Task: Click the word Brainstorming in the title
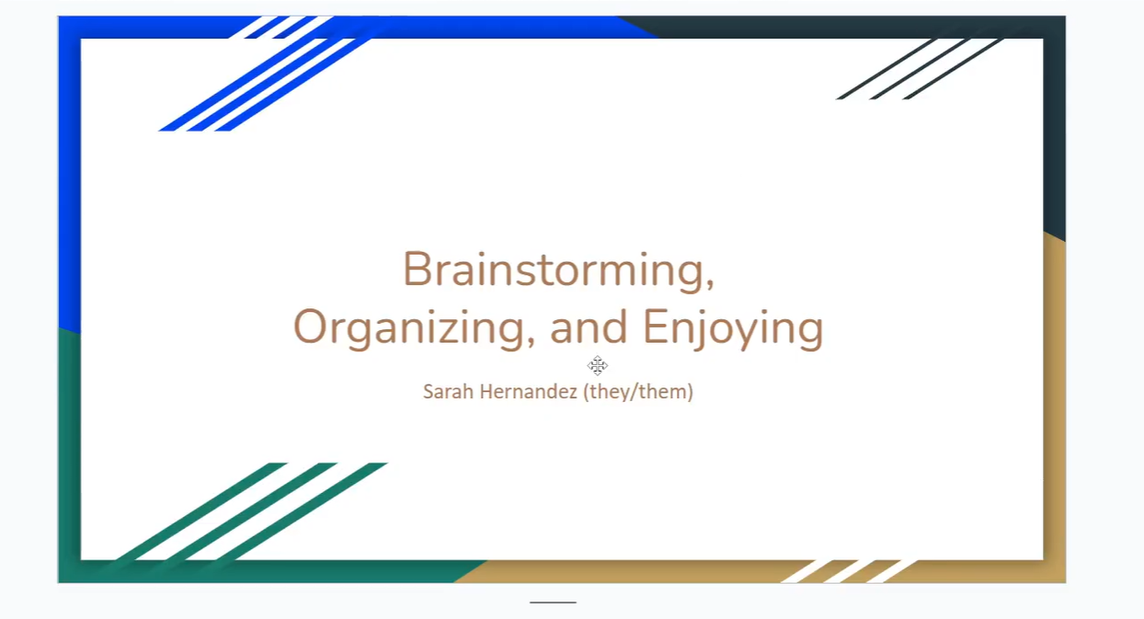click(552, 270)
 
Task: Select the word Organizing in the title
click(407, 328)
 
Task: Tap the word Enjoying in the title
click(732, 328)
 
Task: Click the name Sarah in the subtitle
click(443, 392)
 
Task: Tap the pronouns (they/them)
click(638, 392)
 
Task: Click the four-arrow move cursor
click(598, 365)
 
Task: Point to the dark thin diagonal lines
click(920, 69)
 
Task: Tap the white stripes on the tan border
click(851, 570)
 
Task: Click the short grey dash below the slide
click(553, 602)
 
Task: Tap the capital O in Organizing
click(312, 328)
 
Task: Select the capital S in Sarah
click(429, 392)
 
